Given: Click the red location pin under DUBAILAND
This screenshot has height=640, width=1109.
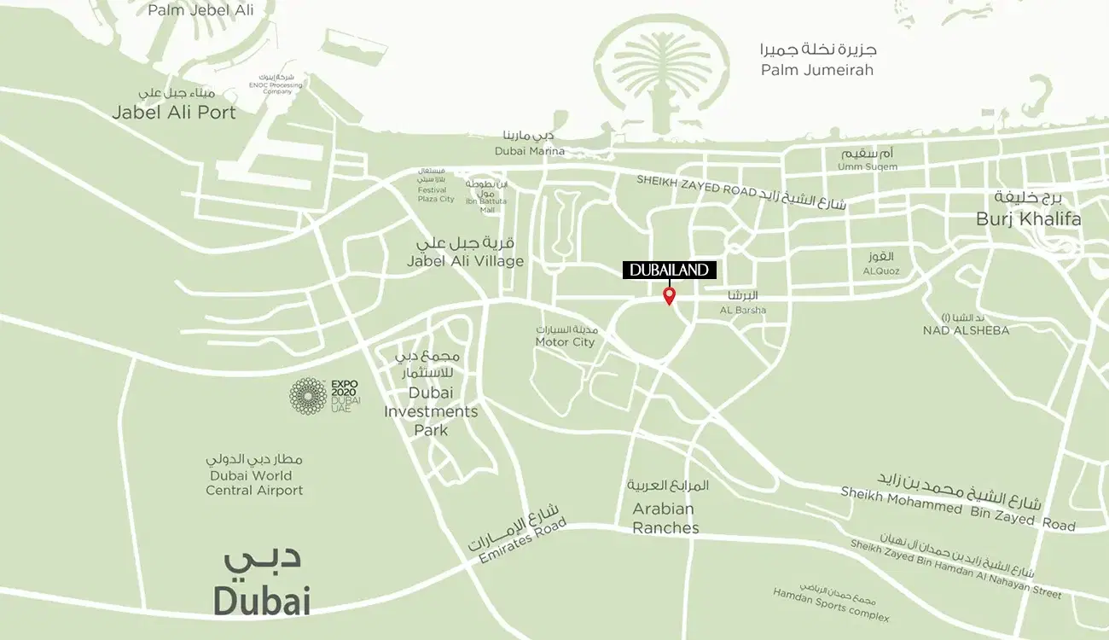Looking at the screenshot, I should point(670,295).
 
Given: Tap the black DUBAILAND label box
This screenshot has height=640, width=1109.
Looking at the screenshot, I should point(670,270).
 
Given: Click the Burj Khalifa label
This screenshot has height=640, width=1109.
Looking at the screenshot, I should point(1028,219).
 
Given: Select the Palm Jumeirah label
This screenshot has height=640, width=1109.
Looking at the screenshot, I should point(817,70).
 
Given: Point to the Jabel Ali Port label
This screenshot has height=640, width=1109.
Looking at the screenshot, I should point(175,112).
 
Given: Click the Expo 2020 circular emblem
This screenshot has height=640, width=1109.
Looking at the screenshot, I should point(308,396).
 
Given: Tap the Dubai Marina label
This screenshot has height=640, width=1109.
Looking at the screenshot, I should point(530,151).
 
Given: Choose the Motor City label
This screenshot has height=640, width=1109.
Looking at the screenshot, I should point(565,342).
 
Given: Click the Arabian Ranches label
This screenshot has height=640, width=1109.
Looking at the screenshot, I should point(665,518).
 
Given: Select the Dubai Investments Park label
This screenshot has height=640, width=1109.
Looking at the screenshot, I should point(431,411).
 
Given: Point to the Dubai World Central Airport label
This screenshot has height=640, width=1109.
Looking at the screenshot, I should point(254,483).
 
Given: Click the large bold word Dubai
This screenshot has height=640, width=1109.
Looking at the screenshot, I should point(261,601).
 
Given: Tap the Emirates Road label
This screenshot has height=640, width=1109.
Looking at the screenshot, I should point(517,540).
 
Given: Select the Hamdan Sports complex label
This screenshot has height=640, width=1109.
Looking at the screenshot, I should point(831,605).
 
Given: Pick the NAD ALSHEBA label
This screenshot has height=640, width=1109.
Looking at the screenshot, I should point(966,330).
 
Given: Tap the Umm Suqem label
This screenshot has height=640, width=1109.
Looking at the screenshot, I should point(868,166).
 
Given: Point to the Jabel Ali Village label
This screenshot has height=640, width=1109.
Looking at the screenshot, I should point(465,261).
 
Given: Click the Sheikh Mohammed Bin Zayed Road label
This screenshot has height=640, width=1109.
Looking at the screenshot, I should point(957,509).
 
